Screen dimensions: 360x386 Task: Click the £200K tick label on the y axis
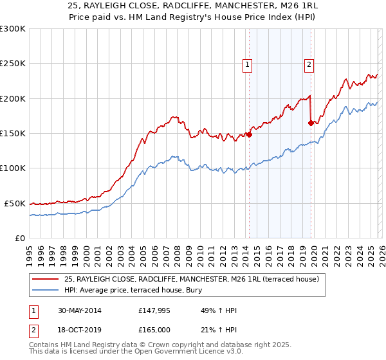13,98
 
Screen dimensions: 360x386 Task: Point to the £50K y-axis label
15,203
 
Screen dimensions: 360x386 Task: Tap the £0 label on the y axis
20,238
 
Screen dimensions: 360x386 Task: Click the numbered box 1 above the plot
247,64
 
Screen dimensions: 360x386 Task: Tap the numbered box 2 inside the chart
309,64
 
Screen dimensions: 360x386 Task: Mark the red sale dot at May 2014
249,135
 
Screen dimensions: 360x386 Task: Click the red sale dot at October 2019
311,123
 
